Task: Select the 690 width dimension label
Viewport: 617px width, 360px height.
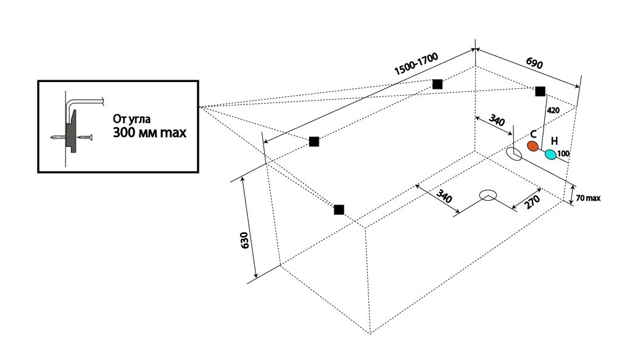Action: (534, 63)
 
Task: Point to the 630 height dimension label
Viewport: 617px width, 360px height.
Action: (244, 240)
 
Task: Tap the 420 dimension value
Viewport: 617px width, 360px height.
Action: (553, 111)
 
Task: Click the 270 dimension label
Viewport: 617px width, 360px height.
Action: (532, 201)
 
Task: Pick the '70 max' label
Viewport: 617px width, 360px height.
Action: (588, 198)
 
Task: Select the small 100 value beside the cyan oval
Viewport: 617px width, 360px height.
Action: (563, 153)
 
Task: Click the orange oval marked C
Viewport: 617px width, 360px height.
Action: (533, 146)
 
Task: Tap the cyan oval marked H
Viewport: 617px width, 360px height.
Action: (551, 154)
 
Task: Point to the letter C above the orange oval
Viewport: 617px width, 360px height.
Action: (533, 135)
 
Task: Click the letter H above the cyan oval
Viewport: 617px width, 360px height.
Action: (554, 141)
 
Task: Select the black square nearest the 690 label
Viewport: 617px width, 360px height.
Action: (540, 91)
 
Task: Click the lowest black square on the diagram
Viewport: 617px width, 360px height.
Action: (339, 209)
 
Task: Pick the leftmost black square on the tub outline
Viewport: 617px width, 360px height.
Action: (314, 141)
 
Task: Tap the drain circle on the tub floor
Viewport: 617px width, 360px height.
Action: (488, 195)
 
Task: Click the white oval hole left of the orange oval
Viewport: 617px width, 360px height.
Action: (514, 154)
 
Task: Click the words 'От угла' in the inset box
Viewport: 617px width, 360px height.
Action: (131, 119)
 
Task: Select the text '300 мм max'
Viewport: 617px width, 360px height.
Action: (149, 132)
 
